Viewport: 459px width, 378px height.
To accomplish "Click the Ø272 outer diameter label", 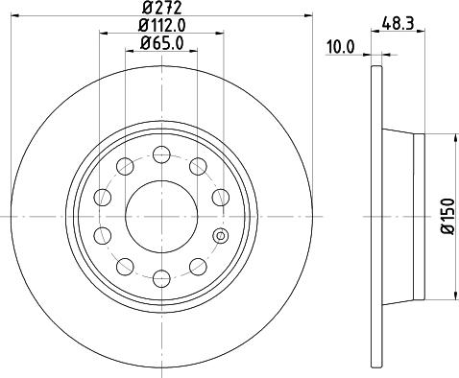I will coord(160,9).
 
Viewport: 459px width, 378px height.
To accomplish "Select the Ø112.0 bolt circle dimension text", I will coord(160,25).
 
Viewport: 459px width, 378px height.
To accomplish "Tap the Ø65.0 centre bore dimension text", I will coord(160,42).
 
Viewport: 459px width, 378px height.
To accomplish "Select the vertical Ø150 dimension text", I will coord(447,217).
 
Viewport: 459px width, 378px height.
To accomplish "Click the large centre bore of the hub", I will coord(160,215).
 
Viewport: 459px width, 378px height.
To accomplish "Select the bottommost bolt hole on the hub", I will coord(160,278).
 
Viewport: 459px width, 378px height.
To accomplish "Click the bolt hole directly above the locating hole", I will coord(220,196).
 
